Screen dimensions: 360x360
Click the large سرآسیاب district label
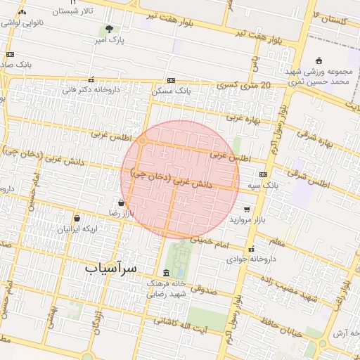112,269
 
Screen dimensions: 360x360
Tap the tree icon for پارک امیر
108,29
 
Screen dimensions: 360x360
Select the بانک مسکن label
172,91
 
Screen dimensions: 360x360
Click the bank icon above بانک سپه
263,174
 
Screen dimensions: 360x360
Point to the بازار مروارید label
250,219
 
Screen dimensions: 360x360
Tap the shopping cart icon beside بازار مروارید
247,209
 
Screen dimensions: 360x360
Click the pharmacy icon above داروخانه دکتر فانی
91,79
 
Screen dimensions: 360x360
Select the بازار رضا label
120,212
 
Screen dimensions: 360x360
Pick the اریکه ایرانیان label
79,229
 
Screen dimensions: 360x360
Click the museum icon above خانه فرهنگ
166,273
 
